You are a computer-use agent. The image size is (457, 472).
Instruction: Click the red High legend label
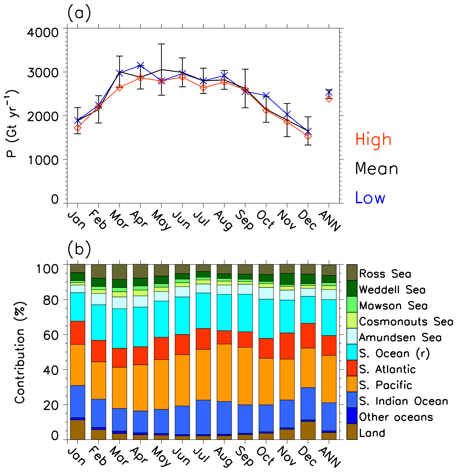pyautogui.click(x=373, y=140)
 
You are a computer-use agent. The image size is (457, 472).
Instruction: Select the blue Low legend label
pyautogui.click(x=370, y=198)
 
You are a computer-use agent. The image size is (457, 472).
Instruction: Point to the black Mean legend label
pyautogui.click(x=377, y=169)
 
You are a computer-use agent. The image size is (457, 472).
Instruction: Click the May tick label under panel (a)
pyautogui.click(x=161, y=220)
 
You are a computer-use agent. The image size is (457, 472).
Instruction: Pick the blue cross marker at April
pyautogui.click(x=140, y=66)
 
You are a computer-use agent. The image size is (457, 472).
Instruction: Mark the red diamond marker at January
pyautogui.click(x=78, y=128)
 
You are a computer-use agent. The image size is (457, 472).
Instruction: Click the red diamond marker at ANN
pyautogui.click(x=329, y=99)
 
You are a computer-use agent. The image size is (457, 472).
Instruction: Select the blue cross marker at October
pyautogui.click(x=266, y=95)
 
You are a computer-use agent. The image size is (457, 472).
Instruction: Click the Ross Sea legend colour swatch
pyautogui.click(x=352, y=273)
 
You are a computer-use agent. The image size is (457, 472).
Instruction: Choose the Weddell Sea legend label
pyautogui.click(x=392, y=289)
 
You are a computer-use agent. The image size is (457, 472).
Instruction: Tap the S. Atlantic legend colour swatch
pyautogui.click(x=352, y=368)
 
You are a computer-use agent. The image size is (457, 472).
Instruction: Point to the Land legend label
pyautogui.click(x=372, y=433)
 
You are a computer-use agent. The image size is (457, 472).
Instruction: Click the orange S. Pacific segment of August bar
pyautogui.click(x=224, y=372)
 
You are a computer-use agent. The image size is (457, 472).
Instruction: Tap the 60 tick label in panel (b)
pyautogui.click(x=51, y=335)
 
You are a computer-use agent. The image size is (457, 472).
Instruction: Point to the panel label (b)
pyautogui.click(x=79, y=249)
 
